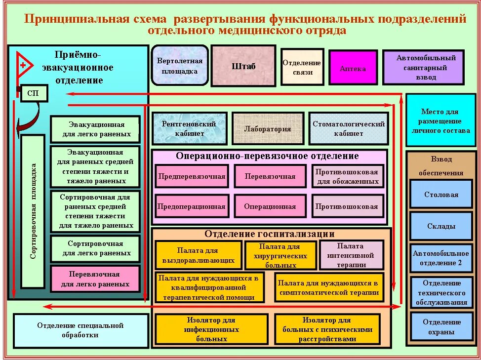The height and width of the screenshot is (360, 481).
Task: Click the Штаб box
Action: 243,66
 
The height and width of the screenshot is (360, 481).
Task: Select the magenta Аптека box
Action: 353,68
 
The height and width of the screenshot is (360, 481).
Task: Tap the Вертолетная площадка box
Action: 180,66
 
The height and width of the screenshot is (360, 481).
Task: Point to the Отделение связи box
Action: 302,67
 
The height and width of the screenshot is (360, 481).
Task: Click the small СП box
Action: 33,93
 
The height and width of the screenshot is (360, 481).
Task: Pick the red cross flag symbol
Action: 24,65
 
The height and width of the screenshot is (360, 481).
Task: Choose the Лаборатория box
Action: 268,129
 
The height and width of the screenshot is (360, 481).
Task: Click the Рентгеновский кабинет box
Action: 189,128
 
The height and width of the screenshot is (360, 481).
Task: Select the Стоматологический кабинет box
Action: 348,128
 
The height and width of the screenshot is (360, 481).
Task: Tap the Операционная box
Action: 270,206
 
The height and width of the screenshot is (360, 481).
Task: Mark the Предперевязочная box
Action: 192,176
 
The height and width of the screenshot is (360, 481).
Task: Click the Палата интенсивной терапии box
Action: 351,255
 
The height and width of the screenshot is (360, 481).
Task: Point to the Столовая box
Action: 441,195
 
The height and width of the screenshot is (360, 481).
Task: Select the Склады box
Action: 441,226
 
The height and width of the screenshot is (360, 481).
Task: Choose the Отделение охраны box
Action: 441,327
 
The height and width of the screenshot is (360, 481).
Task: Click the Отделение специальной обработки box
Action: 80,330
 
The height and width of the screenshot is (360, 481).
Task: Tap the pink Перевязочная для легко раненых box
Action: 95,279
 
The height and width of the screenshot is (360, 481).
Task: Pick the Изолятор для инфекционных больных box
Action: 211,329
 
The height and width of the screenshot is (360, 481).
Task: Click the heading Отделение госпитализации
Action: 270,234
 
